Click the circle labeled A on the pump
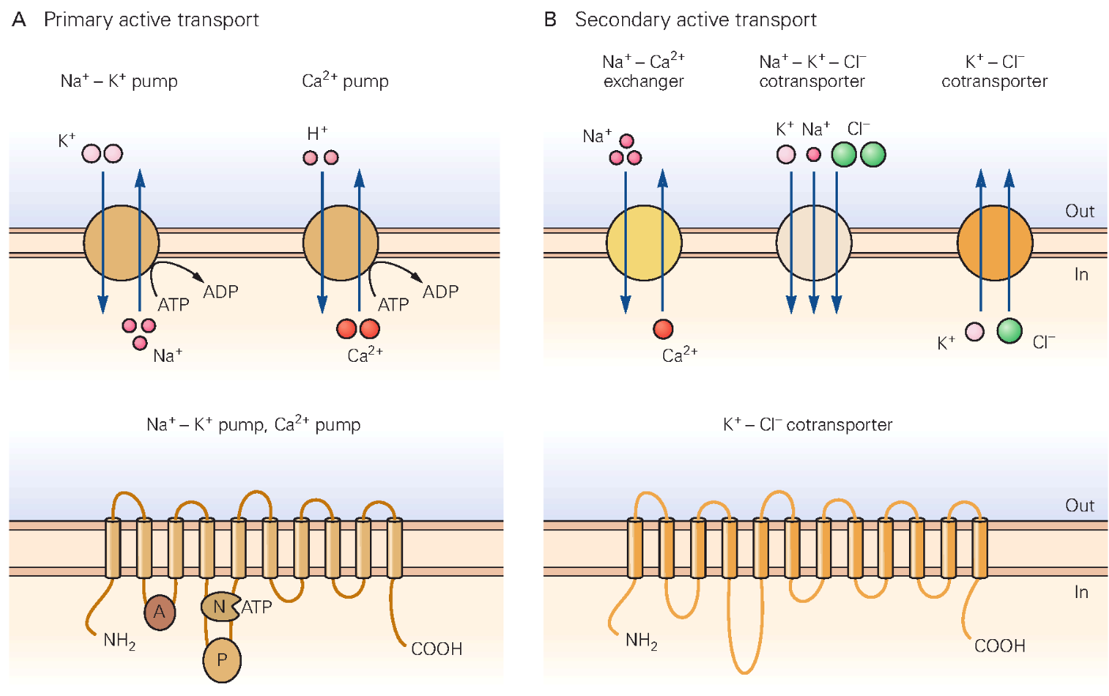[160, 611]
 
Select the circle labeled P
[222, 660]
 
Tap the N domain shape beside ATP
[219, 607]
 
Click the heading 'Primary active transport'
[151, 20]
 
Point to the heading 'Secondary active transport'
[696, 20]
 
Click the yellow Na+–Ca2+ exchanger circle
[644, 243]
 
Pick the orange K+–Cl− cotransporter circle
[994, 243]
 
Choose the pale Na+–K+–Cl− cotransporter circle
[813, 243]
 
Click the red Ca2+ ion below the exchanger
[663, 329]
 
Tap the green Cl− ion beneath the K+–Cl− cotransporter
[1009, 330]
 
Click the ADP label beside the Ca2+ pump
[440, 292]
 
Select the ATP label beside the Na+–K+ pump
[173, 305]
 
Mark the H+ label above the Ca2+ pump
[317, 134]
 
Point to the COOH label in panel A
[436, 649]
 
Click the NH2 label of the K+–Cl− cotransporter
[641, 641]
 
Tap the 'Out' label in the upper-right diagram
[1080, 212]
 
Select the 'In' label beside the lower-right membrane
[1081, 593]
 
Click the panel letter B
[550, 20]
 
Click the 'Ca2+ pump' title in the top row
[345, 81]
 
